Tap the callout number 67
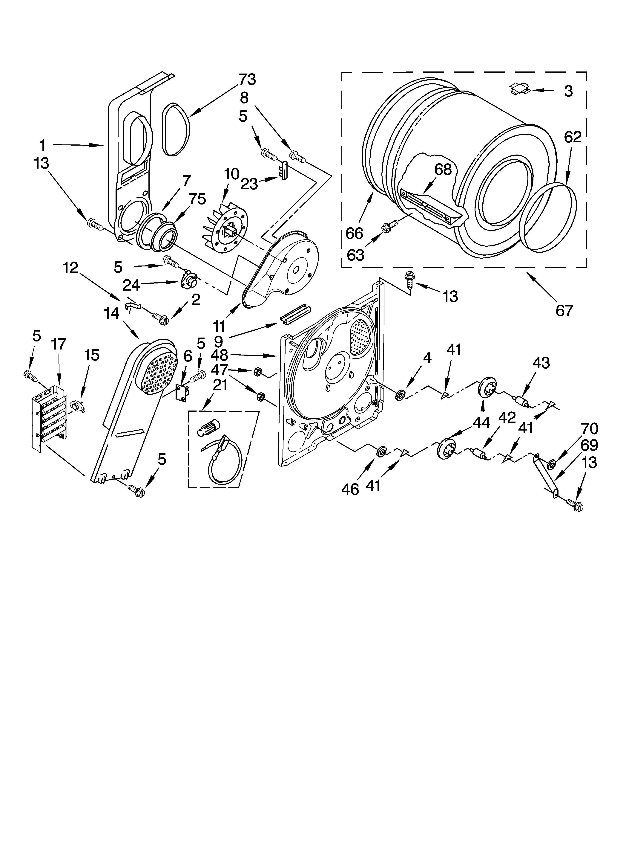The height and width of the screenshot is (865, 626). click(564, 311)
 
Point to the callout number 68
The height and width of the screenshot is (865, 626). click(443, 169)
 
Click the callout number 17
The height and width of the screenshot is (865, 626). click(59, 344)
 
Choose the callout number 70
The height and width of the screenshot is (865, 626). click(589, 429)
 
